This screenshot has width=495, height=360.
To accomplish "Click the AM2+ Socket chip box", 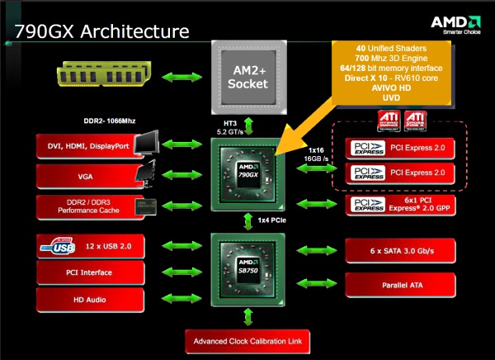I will click(247, 75).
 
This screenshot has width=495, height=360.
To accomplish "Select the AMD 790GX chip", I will click(247, 173).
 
